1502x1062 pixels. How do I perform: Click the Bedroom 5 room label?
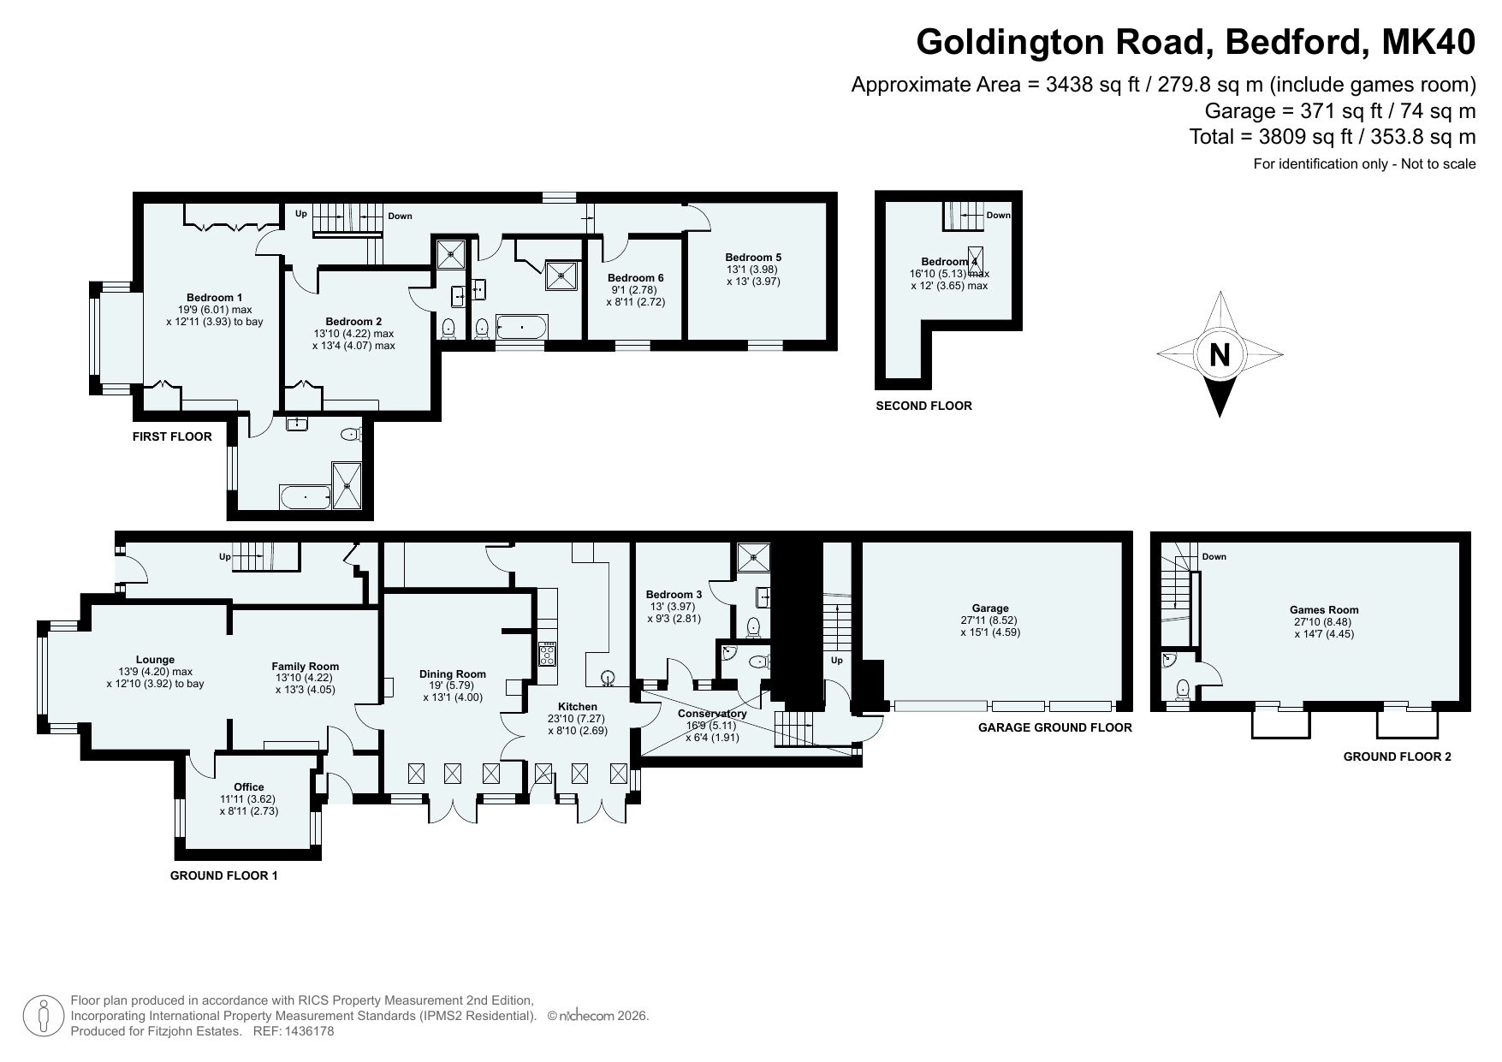click(753, 257)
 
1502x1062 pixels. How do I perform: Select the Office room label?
click(249, 787)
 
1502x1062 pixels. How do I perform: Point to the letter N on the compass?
click(1220, 354)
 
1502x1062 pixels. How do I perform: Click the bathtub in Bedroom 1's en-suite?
click(305, 497)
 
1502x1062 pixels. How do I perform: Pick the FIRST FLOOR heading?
click(172, 436)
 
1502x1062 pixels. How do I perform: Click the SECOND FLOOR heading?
click(923, 406)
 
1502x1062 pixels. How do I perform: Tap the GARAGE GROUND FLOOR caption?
click(1055, 727)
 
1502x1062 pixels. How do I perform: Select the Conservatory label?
click(712, 714)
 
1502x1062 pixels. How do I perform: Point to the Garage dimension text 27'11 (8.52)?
click(990, 620)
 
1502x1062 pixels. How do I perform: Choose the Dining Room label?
click(453, 674)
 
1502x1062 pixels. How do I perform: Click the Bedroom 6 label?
click(636, 278)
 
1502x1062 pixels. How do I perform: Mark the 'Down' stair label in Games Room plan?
click(1214, 556)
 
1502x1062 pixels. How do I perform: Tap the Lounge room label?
click(155, 660)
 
